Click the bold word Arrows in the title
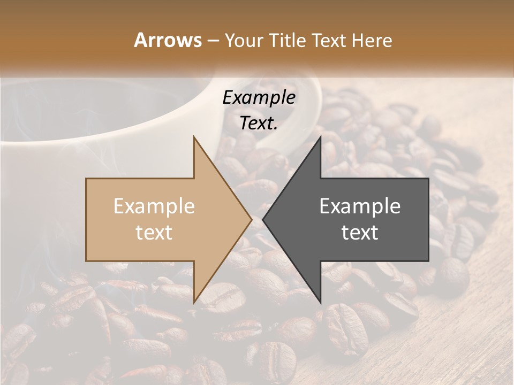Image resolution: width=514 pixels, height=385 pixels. coord(168,40)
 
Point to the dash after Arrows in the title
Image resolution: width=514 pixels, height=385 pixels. coord(213,41)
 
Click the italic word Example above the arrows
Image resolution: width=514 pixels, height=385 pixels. coord(259,98)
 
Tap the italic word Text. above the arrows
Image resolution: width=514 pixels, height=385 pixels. coord(259,123)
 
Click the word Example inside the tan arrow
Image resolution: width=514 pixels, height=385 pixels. coord(154,206)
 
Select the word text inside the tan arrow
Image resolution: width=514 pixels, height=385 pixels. coord(154,233)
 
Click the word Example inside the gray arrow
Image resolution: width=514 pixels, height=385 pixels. coord(360,206)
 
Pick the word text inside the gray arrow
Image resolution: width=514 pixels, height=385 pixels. coord(360,233)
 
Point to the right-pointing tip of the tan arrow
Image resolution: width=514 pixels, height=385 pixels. coord(251,219)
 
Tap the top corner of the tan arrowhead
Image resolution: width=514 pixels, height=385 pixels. coord(194,137)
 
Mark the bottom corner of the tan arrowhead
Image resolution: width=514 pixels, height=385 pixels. coord(194,303)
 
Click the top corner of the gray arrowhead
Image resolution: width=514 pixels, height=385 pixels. coord(320,137)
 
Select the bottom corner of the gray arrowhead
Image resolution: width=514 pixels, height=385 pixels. coord(320,303)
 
